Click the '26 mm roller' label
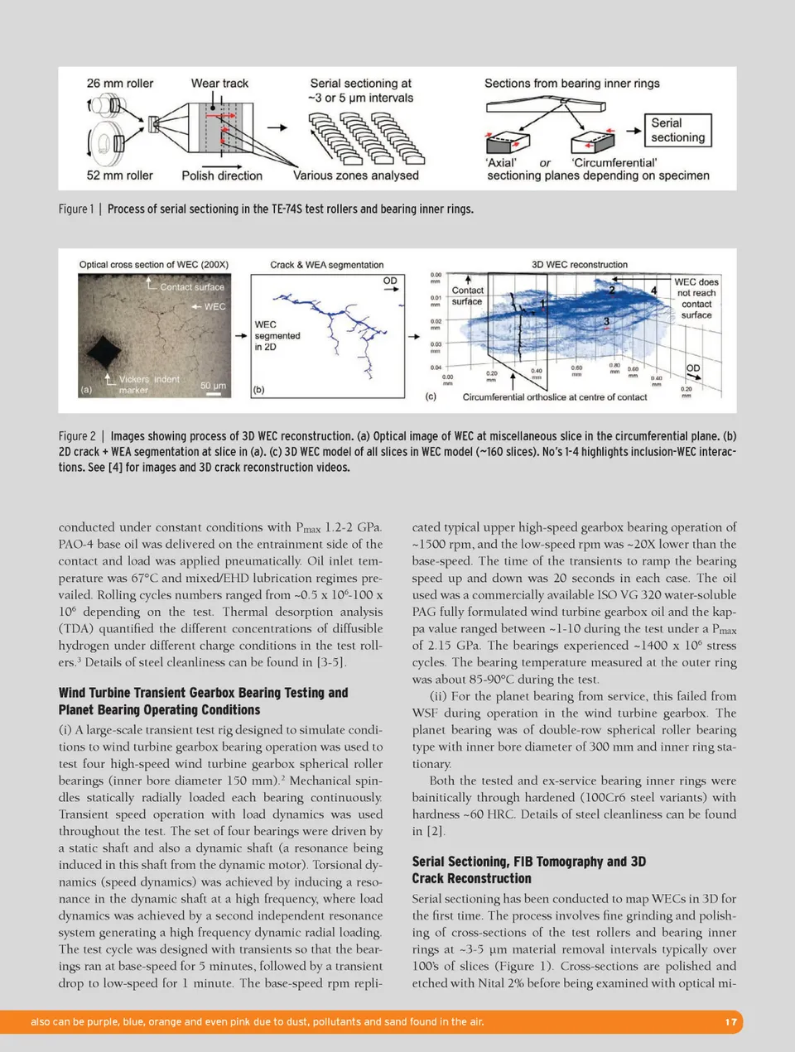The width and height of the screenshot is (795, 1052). click(120, 84)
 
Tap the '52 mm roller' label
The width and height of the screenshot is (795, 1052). click(120, 175)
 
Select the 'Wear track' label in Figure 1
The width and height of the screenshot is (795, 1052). click(219, 84)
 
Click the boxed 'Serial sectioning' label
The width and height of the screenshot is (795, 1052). click(677, 130)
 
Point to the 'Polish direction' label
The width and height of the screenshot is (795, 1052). click(222, 175)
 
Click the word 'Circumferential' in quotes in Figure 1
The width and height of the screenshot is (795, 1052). click(614, 163)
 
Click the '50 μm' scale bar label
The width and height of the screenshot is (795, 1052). click(213, 386)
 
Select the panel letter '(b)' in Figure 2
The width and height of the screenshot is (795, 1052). click(258, 390)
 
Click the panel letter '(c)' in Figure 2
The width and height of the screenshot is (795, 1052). click(431, 396)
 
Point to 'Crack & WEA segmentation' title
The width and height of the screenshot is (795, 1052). click(326, 265)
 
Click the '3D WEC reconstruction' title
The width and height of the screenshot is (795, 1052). click(579, 265)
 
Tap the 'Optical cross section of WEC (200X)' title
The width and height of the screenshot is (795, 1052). click(154, 265)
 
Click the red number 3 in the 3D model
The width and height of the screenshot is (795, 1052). click(606, 321)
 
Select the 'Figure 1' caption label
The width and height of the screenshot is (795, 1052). click(76, 209)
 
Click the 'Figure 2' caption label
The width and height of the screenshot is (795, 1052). click(76, 436)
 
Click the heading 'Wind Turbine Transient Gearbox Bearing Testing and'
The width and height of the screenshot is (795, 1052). click(203, 693)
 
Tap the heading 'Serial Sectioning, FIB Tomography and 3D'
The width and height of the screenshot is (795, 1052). click(528, 862)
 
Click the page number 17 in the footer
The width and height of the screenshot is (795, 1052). click(730, 1022)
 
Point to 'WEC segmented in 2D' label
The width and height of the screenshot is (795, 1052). click(277, 335)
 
